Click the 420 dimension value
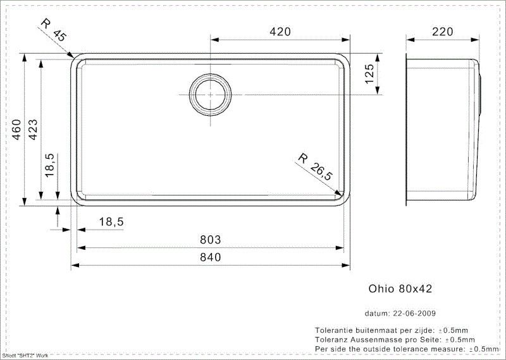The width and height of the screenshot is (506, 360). click(280, 32)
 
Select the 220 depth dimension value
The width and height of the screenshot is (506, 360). click(442, 32)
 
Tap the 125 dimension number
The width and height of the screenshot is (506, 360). click(369, 74)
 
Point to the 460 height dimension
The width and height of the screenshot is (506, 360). click(16, 130)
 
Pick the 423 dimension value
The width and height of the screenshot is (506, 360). click(33, 130)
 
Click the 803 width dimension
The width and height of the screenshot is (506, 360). click(211, 240)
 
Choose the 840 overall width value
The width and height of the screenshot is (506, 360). click(211, 257)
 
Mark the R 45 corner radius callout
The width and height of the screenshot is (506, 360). click(54, 30)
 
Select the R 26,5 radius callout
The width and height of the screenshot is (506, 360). click(314, 167)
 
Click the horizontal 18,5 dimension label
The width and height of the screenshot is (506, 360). click(111, 222)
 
